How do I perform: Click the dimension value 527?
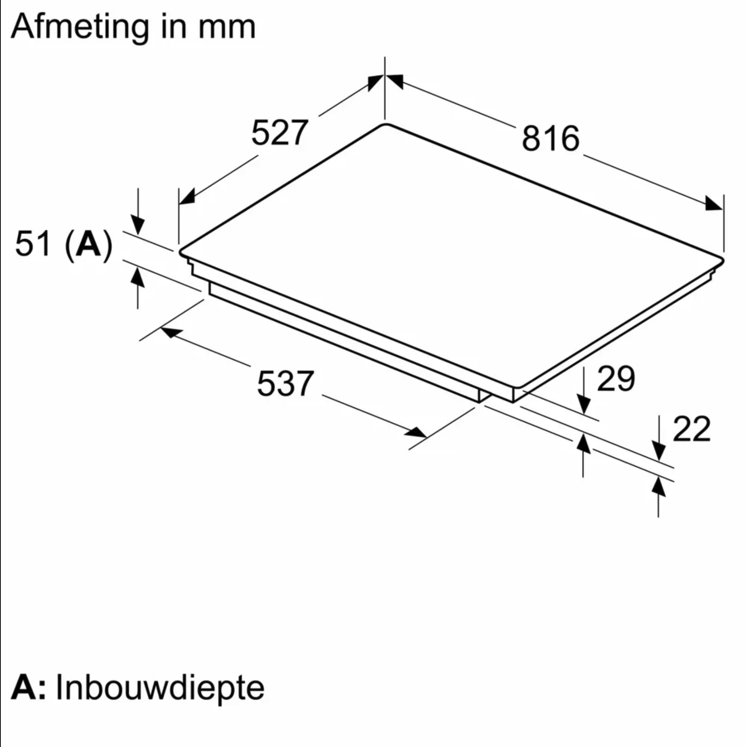280,132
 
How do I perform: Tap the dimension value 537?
285,383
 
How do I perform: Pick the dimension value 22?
691,429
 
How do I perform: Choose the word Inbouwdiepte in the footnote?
160,687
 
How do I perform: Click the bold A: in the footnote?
28,687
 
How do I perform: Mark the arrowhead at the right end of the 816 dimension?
714,203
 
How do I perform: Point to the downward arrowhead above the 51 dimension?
138,226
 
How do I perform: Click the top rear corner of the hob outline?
385,124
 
